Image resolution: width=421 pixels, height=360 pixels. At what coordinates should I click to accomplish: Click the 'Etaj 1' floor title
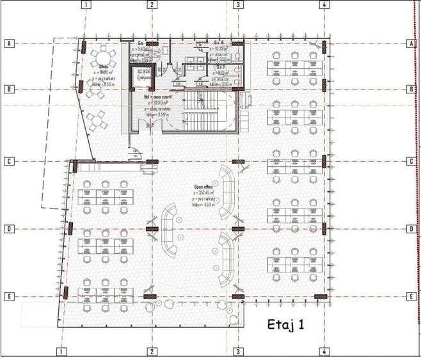(x=285, y=325)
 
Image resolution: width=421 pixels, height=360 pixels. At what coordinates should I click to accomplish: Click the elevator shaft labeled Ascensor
(x=144, y=79)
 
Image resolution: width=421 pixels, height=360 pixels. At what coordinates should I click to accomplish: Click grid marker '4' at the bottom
(x=325, y=352)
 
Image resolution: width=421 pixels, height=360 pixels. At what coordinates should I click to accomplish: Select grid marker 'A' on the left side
(x=9, y=43)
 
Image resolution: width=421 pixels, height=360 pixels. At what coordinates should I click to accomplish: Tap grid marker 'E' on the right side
(x=410, y=297)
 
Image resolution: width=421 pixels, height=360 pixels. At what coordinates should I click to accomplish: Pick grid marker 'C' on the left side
(x=9, y=161)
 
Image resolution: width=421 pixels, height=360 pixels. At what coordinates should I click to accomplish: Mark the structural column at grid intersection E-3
(x=238, y=297)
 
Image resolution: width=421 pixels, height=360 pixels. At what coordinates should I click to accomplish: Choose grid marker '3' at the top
(x=238, y=4)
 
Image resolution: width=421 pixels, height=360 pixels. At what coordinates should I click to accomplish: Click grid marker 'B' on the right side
(x=410, y=89)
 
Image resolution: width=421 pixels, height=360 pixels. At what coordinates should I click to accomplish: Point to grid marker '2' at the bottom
(x=152, y=352)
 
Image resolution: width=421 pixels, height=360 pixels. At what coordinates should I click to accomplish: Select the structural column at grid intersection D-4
(x=325, y=229)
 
